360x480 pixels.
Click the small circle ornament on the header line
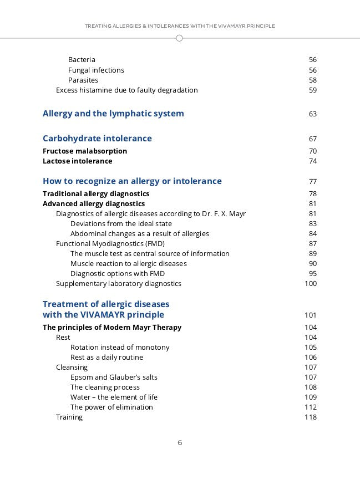pyautogui.click(x=179, y=38)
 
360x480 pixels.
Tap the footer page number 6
pyautogui.click(x=180, y=442)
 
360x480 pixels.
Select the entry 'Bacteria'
pyautogui.click(x=82, y=60)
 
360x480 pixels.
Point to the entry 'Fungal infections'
pyautogui.click(x=96, y=70)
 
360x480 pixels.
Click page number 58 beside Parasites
pyautogui.click(x=312, y=80)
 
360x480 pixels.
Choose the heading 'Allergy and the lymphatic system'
pyautogui.click(x=113, y=114)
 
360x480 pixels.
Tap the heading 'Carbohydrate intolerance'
pyautogui.click(x=97, y=139)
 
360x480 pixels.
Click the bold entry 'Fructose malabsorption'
pyautogui.click(x=85, y=151)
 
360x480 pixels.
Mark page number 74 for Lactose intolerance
pyautogui.click(x=312, y=161)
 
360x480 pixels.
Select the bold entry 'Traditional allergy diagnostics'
pyautogui.click(x=96, y=194)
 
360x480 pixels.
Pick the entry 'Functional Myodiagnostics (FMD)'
pyautogui.click(x=110, y=244)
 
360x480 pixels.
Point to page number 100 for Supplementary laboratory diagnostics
pyautogui.click(x=311, y=284)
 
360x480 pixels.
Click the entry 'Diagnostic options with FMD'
pyautogui.click(x=118, y=274)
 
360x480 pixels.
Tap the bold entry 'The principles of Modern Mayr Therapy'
pyautogui.click(x=112, y=328)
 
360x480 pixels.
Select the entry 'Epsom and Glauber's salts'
pyautogui.click(x=114, y=377)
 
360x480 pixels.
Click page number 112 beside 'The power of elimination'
pyautogui.click(x=311, y=407)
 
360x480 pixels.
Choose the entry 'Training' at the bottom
pyautogui.click(x=69, y=417)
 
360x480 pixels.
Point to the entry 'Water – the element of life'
pyautogui.click(x=114, y=397)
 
